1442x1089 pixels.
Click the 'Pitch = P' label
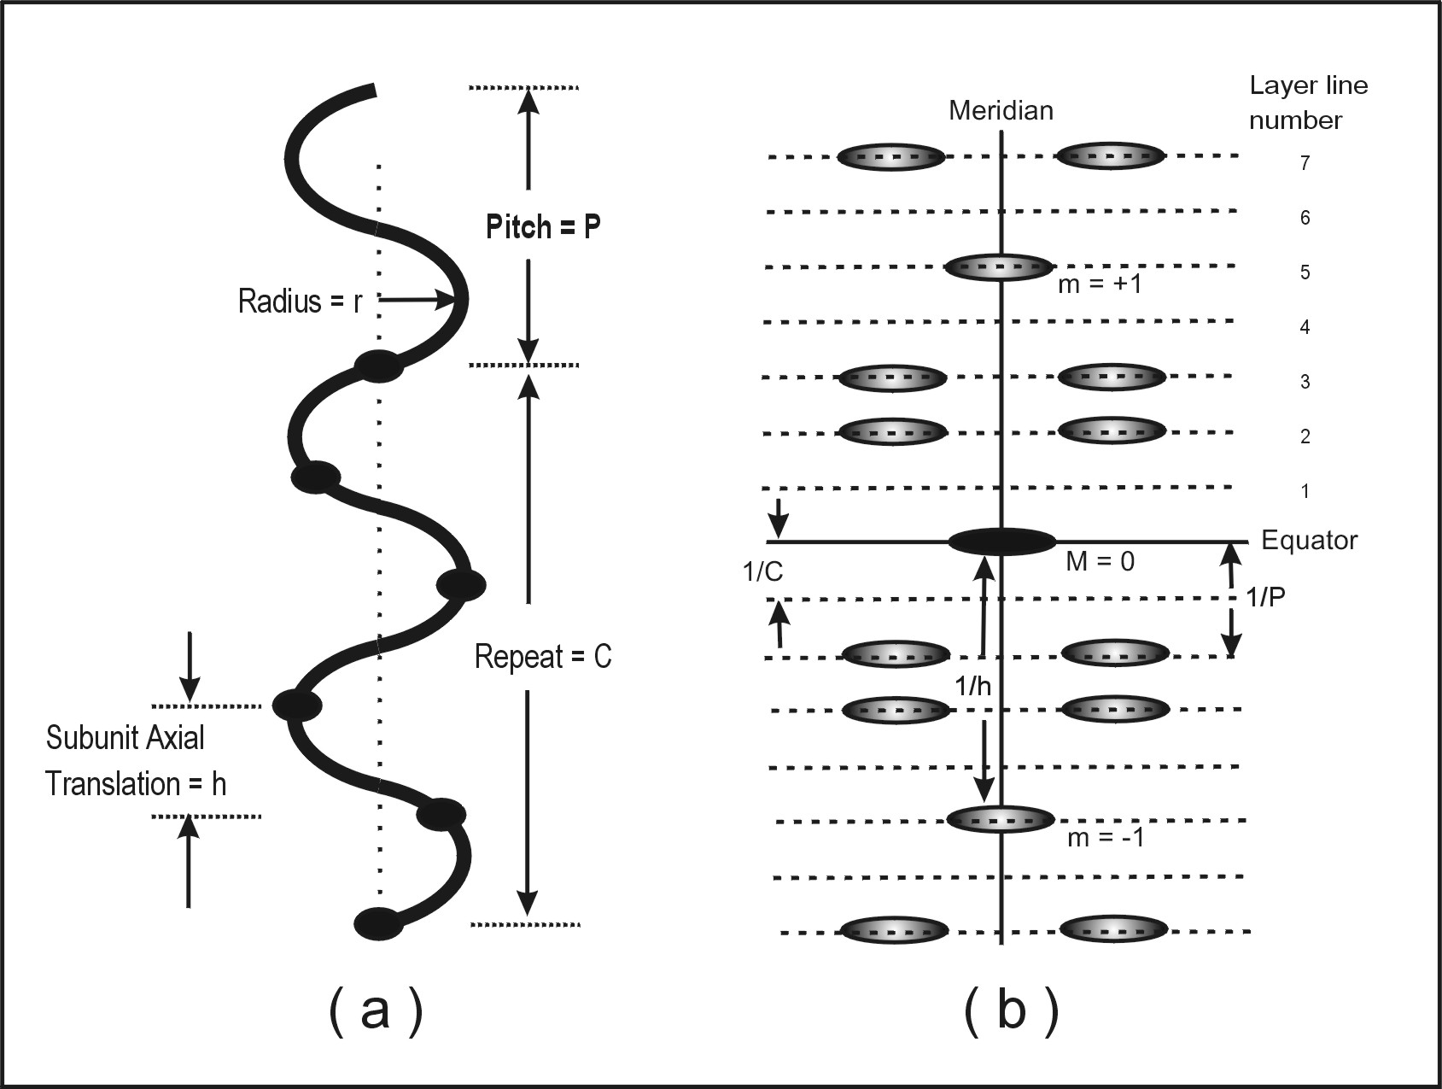pyautogui.click(x=543, y=227)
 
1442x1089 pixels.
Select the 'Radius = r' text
pyautogui.click(x=300, y=301)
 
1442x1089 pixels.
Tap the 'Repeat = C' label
pyautogui.click(x=543, y=657)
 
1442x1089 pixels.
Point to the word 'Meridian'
pyautogui.click(x=1001, y=111)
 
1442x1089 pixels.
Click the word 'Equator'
pyautogui.click(x=1309, y=541)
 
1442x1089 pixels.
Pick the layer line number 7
pyautogui.click(x=1305, y=163)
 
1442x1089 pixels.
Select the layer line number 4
pyautogui.click(x=1305, y=327)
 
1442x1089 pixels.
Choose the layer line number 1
pyautogui.click(x=1305, y=491)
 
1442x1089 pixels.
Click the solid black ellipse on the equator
pyautogui.click(x=1002, y=541)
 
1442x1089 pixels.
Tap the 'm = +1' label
pyautogui.click(x=1100, y=284)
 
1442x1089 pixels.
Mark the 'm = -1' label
pyautogui.click(x=1106, y=838)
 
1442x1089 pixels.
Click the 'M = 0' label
pyautogui.click(x=1100, y=562)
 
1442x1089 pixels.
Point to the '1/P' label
pyautogui.click(x=1265, y=597)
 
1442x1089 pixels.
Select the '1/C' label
pyautogui.click(x=762, y=572)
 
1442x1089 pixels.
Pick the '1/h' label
pyautogui.click(x=972, y=686)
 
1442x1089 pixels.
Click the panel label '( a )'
pyautogui.click(x=375, y=1011)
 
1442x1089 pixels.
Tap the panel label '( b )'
pyautogui.click(x=1011, y=1011)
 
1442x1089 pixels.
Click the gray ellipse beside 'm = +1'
pyautogui.click(x=999, y=267)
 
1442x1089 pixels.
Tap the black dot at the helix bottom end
pyautogui.click(x=377, y=923)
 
